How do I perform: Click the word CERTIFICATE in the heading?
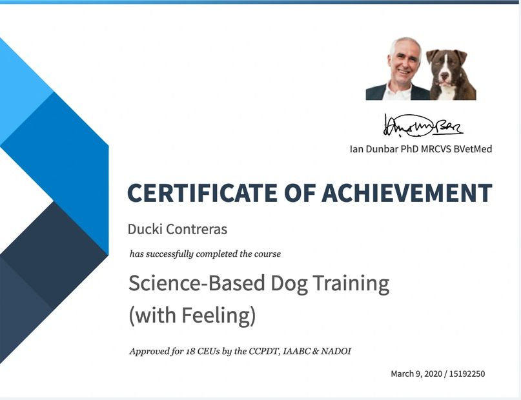pyautogui.click(x=202, y=192)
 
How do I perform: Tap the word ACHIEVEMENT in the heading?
pyautogui.click(x=407, y=192)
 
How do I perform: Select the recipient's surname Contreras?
pyautogui.click(x=196, y=229)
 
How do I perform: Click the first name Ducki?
pyautogui.click(x=145, y=229)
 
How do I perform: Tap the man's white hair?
pyautogui.click(x=404, y=45)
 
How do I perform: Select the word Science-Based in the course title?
pyautogui.click(x=197, y=283)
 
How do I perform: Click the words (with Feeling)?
pyautogui.click(x=192, y=315)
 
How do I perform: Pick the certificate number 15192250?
pyautogui.click(x=467, y=374)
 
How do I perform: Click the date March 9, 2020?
pyautogui.click(x=416, y=374)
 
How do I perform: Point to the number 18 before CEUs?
pyautogui.click(x=190, y=351)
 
